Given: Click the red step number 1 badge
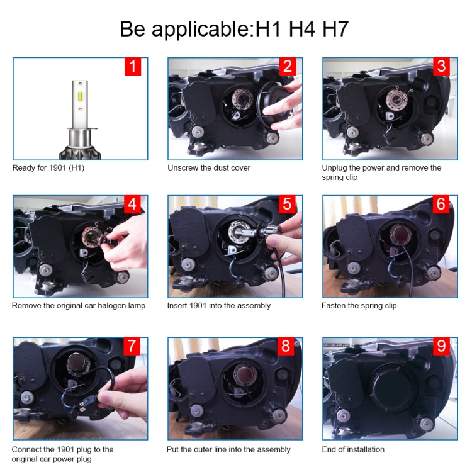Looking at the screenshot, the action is [133, 67].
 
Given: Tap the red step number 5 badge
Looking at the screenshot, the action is [287, 205].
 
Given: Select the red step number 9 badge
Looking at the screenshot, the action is [441, 347].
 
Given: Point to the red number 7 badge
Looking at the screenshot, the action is [132, 347].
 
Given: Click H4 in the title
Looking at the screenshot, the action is [302, 29].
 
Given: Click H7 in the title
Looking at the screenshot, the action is [335, 29].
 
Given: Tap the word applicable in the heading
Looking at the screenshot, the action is [201, 30].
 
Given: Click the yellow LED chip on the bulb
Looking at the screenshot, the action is [80, 97].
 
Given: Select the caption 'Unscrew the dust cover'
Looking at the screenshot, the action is [209, 167].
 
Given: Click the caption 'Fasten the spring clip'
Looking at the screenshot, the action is [359, 306].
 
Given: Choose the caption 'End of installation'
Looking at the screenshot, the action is [353, 449].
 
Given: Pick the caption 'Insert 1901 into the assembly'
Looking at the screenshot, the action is [219, 306].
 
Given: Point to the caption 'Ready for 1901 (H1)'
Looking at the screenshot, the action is [48, 168].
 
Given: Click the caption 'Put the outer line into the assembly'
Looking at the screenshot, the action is [228, 450].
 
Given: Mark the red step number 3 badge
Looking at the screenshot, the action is [441, 67].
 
